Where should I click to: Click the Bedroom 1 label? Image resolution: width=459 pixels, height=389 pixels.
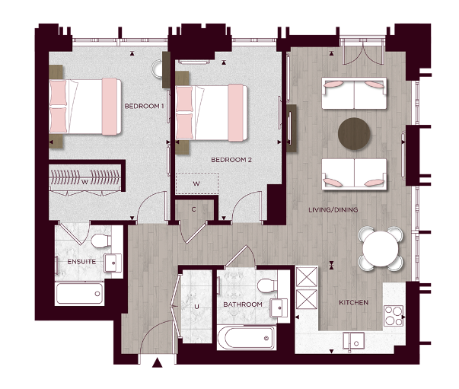coord(144,106)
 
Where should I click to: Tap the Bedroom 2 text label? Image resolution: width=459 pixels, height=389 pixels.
coord(231,160)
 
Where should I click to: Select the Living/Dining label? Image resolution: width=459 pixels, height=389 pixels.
coord(333,209)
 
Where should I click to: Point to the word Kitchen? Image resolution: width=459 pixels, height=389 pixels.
coord(353,302)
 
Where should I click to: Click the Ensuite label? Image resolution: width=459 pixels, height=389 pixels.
coord(81,261)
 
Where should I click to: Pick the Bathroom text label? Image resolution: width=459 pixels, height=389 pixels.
coord(242,305)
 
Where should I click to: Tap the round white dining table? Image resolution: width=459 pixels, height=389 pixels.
coord(379,247)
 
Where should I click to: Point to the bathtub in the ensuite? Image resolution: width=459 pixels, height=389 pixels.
coord(80,293)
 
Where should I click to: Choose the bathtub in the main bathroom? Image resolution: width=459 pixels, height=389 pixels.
coord(245,336)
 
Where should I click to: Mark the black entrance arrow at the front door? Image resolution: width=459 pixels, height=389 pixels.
coord(158,363)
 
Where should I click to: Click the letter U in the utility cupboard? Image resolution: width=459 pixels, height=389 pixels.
coord(196,306)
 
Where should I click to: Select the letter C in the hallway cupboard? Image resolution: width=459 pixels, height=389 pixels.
coord(195,208)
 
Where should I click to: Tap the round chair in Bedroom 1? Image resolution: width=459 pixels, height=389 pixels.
coord(168,69)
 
